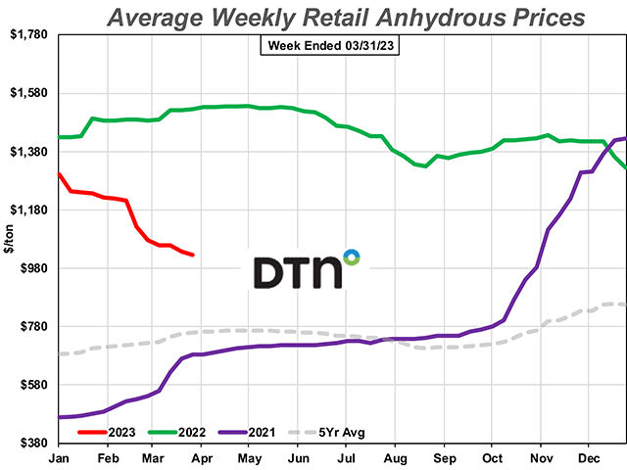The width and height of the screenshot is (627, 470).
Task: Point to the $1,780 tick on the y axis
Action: pyautogui.click(x=29, y=35)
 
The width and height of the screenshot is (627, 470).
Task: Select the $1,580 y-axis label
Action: pyautogui.click(x=29, y=93)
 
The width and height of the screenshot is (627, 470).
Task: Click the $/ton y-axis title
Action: pyautogui.click(x=11, y=239)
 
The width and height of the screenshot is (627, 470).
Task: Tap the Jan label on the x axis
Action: pyautogui.click(x=58, y=456)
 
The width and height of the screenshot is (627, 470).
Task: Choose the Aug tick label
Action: pyautogui.click(x=395, y=456)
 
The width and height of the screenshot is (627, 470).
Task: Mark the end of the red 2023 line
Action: pyautogui.click(x=193, y=256)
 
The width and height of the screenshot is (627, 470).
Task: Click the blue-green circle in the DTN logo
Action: pyautogui.click(x=351, y=257)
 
